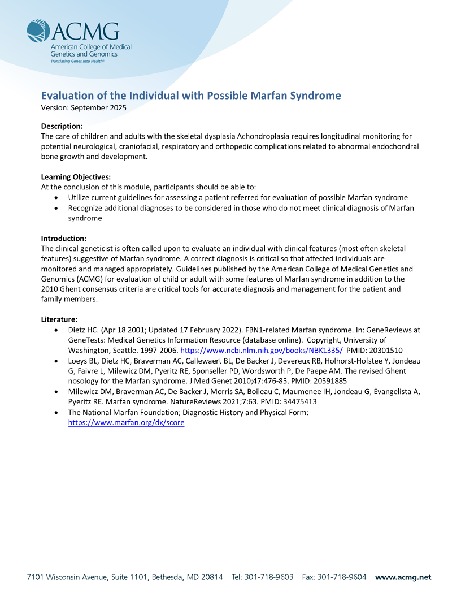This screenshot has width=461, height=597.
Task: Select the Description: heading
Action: (62, 126)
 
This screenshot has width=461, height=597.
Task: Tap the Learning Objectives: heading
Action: (76, 176)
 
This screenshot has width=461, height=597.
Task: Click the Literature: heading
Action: (59, 319)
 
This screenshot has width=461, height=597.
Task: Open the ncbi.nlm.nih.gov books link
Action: (261, 350)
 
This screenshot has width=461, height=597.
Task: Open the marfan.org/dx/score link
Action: (126, 422)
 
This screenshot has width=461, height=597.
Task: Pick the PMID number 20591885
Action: (329, 380)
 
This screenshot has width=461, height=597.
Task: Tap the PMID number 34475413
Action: (298, 401)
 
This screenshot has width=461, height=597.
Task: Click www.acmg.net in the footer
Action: (403, 577)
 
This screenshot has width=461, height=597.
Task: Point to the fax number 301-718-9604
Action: (342, 577)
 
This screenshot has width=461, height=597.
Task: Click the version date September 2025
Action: (99, 107)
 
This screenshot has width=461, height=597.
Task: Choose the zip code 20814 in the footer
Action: (212, 577)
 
